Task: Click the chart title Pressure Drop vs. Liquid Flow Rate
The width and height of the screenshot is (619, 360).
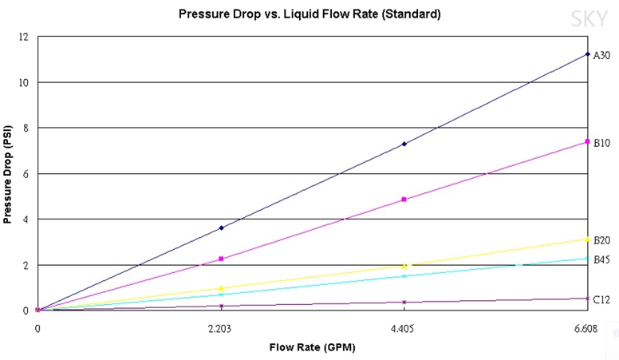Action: [309, 14]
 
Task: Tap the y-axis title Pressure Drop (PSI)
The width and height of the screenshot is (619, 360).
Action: [8, 172]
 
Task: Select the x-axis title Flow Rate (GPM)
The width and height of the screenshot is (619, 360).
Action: [312, 347]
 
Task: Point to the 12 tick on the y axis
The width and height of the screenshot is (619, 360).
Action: [25, 37]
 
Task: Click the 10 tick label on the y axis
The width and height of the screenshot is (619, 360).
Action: [25, 82]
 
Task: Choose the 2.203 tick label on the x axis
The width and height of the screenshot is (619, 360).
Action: [221, 327]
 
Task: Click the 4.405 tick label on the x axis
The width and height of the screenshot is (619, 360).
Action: [404, 327]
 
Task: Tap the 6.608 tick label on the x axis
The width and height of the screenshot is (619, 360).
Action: [587, 327]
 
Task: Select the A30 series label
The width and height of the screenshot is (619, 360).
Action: [601, 55]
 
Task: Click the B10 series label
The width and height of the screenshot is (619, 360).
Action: [601, 143]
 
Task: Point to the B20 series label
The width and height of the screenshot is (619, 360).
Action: [601, 240]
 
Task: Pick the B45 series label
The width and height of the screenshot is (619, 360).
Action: [601, 259]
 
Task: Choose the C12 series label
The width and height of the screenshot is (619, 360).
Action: [601, 299]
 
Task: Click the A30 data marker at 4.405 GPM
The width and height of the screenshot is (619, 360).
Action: [404, 144]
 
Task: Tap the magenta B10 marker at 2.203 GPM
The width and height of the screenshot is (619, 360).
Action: [221, 259]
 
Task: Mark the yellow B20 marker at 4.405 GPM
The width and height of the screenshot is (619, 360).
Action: [404, 266]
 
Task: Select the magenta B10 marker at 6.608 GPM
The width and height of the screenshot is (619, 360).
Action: [587, 141]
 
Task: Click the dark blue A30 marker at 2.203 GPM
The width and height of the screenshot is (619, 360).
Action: [221, 227]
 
